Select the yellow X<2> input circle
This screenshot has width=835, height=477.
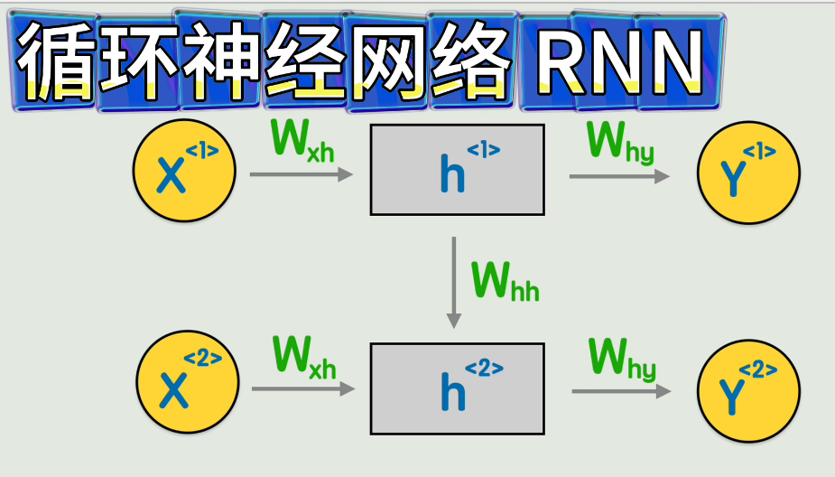pyautogui.click(x=188, y=382)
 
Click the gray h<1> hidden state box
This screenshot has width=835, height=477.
pyautogui.click(x=457, y=170)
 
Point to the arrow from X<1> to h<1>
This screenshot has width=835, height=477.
pyautogui.click(x=301, y=174)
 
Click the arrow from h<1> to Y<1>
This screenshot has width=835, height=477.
pyautogui.click(x=619, y=177)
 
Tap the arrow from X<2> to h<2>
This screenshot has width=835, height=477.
pyautogui.click(x=302, y=389)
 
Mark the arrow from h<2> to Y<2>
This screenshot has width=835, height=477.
pyautogui.click(x=621, y=391)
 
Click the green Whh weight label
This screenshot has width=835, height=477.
pyautogui.click(x=506, y=281)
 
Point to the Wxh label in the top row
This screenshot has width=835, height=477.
pyautogui.click(x=302, y=140)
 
